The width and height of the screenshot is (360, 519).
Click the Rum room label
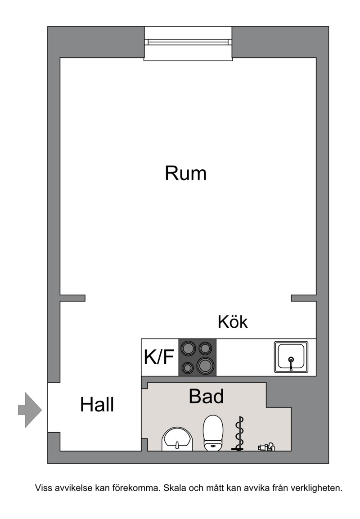pos(185,173)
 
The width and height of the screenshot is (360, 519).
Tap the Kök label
pos(233,321)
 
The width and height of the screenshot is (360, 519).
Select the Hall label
pos(97,405)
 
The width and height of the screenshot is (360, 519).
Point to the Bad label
pos(206,396)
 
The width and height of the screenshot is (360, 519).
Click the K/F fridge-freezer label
pos(159,357)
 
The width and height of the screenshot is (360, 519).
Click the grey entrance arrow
pos(30,410)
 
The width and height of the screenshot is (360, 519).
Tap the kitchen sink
pos(291,357)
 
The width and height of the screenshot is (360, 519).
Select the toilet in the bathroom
pos(213,433)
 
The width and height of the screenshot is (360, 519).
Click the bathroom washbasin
pos(177,439)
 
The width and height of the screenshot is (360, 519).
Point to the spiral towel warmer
pos(239,433)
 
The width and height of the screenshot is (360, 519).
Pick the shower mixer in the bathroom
pos(266,447)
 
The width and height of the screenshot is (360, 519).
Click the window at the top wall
pos(188,43)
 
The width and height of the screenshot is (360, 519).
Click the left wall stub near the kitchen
pos(72,298)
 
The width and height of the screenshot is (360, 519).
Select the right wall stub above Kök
pos(303,298)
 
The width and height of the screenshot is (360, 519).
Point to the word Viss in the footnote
pos(43,488)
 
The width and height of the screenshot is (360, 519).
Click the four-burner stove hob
pos(198,357)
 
